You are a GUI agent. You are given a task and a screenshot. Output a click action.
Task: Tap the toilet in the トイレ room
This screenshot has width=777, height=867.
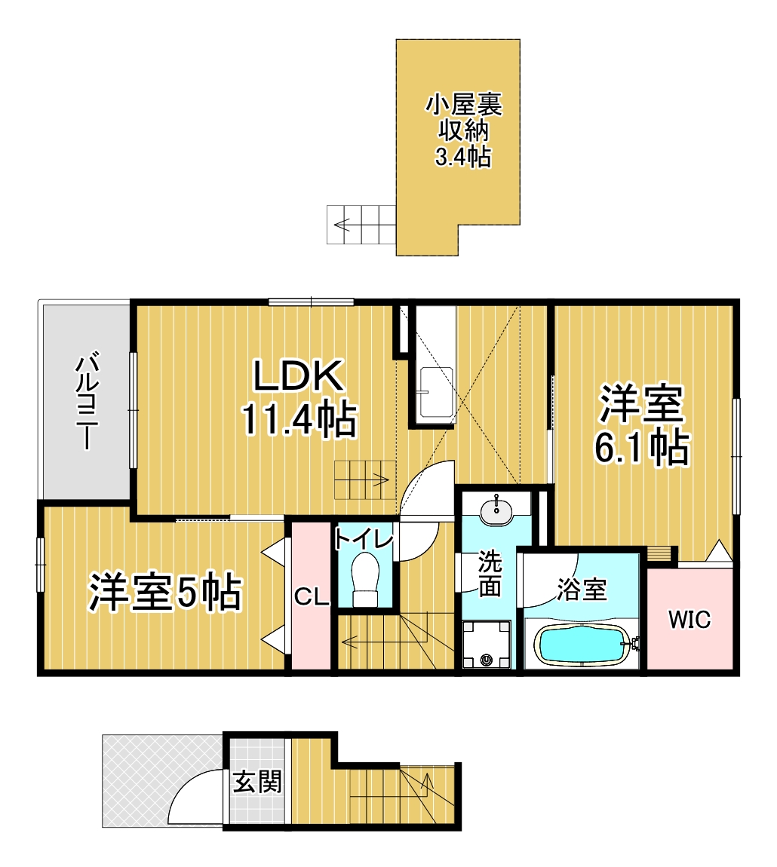point(365,578)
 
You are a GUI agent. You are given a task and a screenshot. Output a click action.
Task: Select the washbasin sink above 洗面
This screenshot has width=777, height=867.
point(496,510)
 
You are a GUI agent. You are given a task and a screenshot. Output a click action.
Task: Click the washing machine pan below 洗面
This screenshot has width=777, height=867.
point(486,645)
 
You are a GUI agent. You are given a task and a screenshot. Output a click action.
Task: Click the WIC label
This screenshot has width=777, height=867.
point(689,620)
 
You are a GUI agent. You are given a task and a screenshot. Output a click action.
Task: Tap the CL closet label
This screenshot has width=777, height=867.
point(311,599)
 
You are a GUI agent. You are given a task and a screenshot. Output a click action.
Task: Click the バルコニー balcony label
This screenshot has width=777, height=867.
point(87,400)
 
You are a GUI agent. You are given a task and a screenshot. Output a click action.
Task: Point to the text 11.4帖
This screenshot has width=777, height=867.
point(299,421)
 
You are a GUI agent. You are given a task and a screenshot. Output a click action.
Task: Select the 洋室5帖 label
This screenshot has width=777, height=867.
point(166,593)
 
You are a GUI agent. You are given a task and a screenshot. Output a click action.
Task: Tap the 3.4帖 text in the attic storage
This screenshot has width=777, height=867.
point(462,157)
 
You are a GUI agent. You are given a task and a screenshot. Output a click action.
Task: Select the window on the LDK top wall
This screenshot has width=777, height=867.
point(312,302)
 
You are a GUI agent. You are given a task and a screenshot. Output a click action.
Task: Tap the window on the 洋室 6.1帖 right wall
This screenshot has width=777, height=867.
point(736,456)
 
